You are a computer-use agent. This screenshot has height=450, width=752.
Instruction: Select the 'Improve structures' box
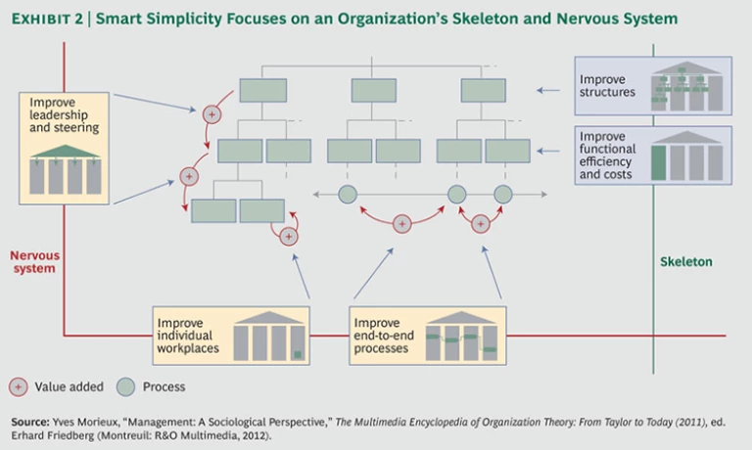(x=652, y=86)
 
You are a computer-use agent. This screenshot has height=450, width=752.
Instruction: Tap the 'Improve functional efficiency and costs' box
(x=652, y=156)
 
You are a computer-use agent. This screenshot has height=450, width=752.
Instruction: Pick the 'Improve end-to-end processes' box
(x=427, y=337)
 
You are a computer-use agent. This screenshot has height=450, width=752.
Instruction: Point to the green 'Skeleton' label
(x=685, y=262)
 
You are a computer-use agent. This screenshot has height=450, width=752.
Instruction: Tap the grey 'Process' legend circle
(x=126, y=386)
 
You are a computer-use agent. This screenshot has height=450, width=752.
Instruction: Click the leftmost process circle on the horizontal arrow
(x=348, y=195)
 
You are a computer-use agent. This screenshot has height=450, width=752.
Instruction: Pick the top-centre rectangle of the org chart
(x=373, y=90)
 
